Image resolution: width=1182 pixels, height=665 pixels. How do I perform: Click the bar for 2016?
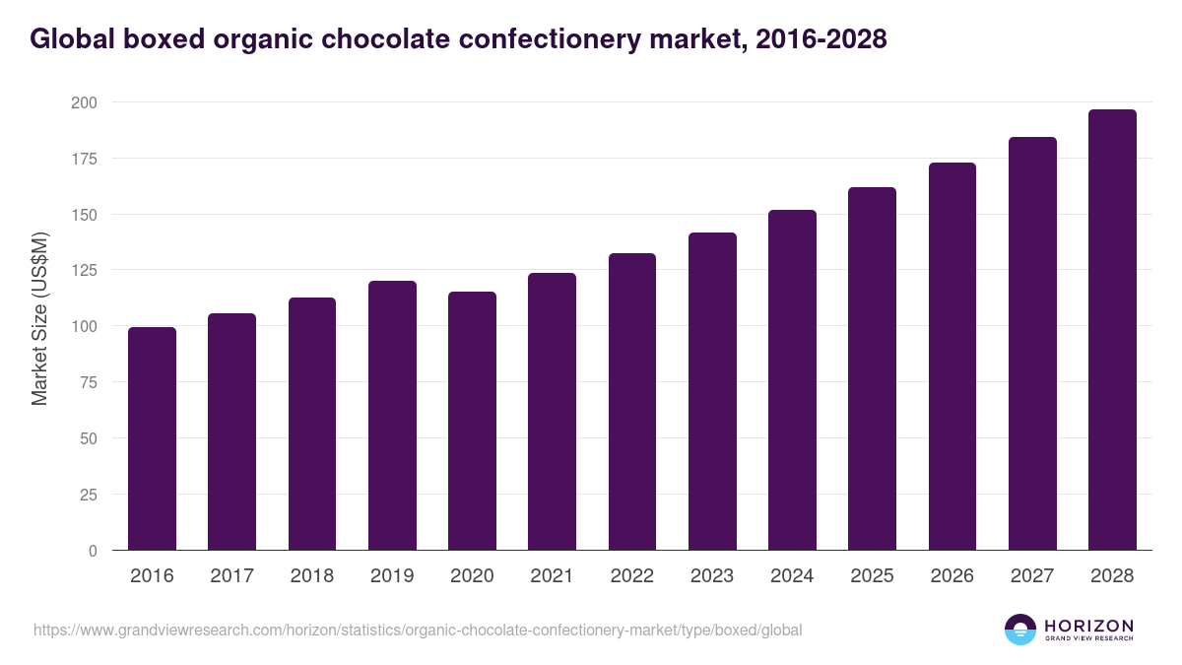pyautogui.click(x=152, y=438)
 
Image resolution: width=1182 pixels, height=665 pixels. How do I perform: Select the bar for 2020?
pyautogui.click(x=472, y=421)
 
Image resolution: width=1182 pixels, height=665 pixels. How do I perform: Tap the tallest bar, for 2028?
pyautogui.click(x=1112, y=330)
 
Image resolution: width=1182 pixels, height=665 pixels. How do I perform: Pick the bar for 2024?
pyautogui.click(x=792, y=380)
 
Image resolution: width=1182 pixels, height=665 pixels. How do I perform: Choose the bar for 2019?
pyautogui.click(x=392, y=416)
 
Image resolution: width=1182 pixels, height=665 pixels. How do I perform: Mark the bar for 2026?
pyautogui.click(x=952, y=357)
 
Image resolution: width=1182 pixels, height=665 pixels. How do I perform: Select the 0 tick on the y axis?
pyautogui.click(x=93, y=551)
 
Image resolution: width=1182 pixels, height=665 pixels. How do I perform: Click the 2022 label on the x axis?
pyautogui.click(x=631, y=576)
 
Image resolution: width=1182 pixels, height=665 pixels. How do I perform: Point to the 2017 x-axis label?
pyautogui.click(x=231, y=576)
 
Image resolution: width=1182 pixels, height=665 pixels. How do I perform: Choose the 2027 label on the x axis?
pyautogui.click(x=1032, y=576)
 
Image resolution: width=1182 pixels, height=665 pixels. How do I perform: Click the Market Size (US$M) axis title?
pyautogui.click(x=39, y=317)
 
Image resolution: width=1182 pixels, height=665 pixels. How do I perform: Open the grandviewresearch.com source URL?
pyautogui.click(x=418, y=630)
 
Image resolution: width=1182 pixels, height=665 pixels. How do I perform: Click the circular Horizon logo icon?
pyautogui.click(x=1020, y=630)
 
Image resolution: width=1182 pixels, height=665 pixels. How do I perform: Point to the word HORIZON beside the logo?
pyautogui.click(x=1088, y=625)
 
